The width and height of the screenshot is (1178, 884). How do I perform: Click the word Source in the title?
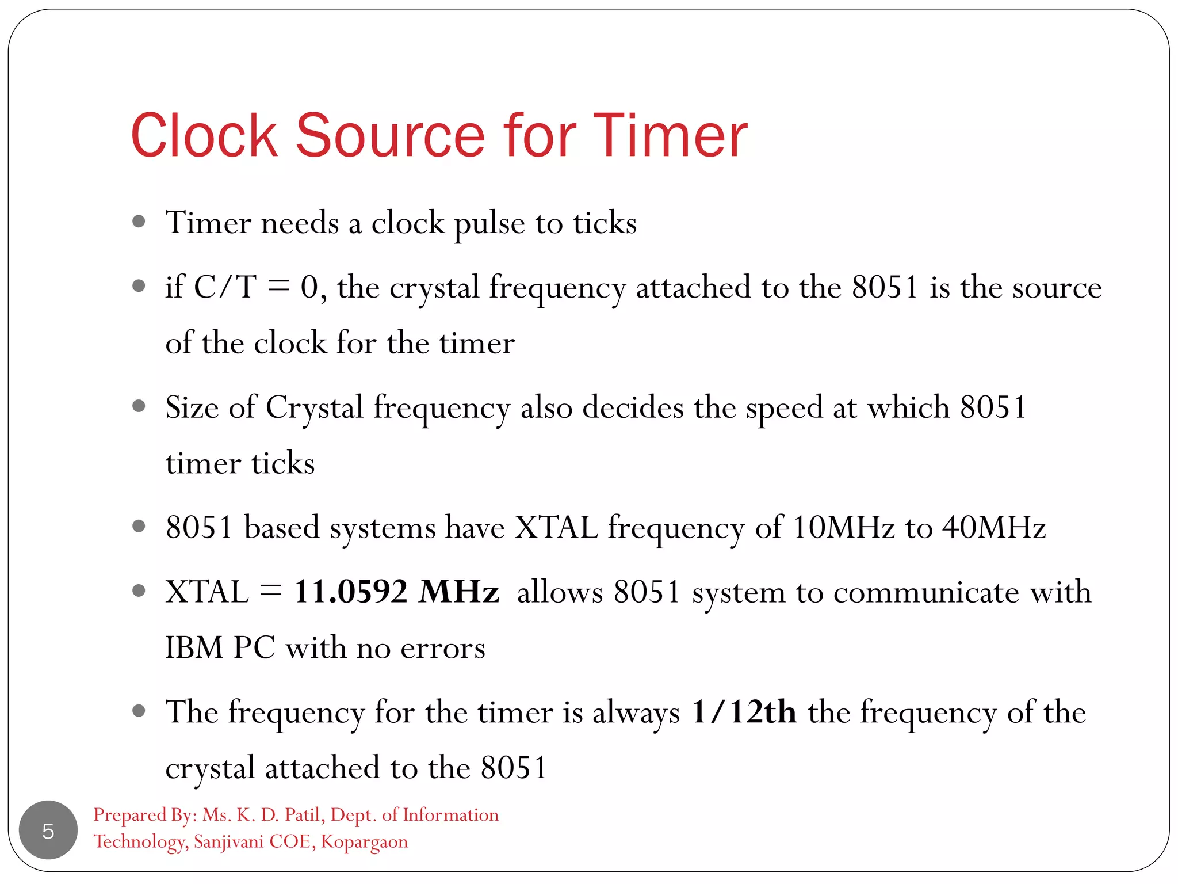tap(391, 136)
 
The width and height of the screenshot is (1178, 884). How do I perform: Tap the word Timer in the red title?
tap(670, 136)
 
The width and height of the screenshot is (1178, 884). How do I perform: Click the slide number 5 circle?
tap(48, 830)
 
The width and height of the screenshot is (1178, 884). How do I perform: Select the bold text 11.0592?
tap(350, 592)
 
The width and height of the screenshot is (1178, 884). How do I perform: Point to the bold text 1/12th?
tap(744, 712)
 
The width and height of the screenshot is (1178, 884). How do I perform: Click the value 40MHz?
tap(993, 527)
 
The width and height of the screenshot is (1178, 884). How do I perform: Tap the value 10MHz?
tap(843, 527)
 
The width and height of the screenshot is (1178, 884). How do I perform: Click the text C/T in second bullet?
tap(225, 287)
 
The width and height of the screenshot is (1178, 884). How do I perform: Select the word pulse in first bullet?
tap(489, 224)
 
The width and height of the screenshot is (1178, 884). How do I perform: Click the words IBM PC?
tap(220, 647)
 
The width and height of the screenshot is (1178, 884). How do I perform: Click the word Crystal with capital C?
tap(314, 408)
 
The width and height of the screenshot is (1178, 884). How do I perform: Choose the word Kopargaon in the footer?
tap(364, 841)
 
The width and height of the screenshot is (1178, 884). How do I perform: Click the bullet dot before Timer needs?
tap(139, 222)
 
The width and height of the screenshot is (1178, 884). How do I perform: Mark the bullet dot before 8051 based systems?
tap(139, 525)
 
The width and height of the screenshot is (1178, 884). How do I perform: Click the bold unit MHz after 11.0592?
tap(458, 592)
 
